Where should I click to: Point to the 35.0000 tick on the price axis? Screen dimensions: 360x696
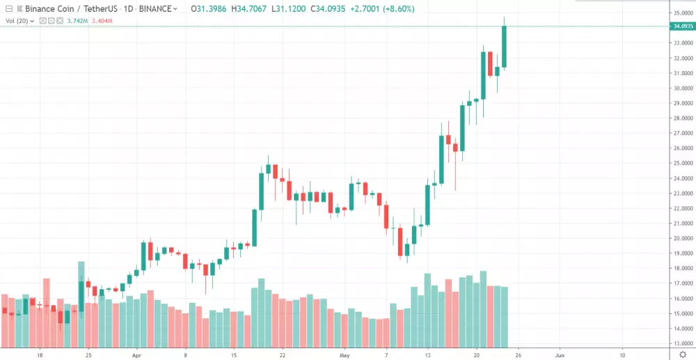(682, 13)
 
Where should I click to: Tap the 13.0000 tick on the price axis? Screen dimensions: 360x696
(682, 343)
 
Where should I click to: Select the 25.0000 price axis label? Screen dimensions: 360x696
(682, 164)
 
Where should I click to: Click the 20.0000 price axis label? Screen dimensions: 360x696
(682, 238)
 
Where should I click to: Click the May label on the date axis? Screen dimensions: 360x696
(343, 354)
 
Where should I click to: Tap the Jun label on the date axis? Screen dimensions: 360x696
(559, 354)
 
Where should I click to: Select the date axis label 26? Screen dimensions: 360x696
(518, 354)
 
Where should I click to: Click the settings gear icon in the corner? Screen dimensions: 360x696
(682, 354)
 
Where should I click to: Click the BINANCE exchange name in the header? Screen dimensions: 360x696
(155, 9)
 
